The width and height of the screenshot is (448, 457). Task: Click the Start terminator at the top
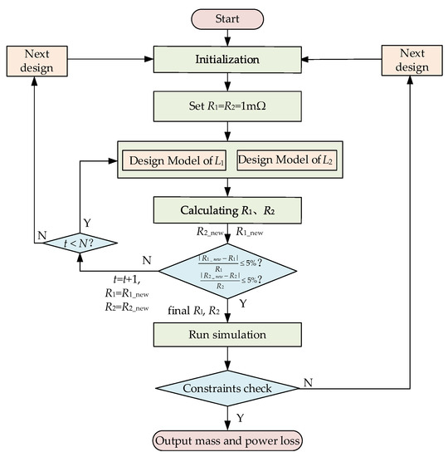[226, 17]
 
